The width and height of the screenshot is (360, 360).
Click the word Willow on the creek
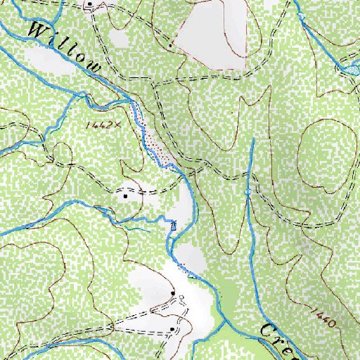[67, 49]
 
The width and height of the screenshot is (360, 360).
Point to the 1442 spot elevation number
[96, 124]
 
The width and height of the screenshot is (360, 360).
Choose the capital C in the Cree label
[268, 330]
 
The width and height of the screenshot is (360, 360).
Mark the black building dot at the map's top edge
[90, 5]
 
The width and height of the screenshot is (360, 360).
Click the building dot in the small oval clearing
[126, 196]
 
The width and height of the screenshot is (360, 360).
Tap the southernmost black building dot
[172, 329]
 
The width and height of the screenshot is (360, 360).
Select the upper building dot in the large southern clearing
[173, 292]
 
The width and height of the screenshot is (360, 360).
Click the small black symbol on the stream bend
[174, 225]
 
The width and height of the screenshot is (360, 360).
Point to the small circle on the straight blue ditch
[248, 192]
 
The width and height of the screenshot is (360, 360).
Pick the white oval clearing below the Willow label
[49, 62]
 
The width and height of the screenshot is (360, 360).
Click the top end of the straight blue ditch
[252, 139]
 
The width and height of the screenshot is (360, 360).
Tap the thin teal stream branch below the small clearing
[134, 225]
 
